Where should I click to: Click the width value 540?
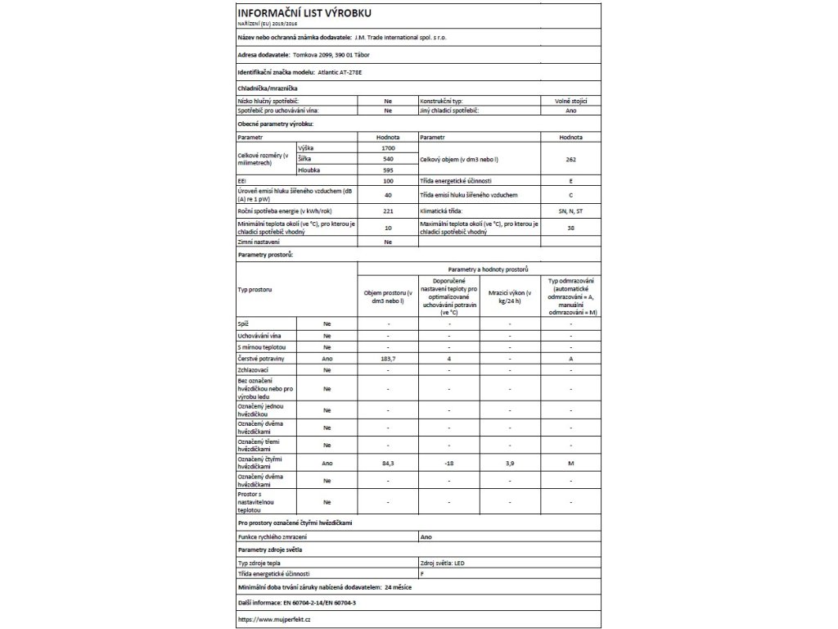(x=388, y=158)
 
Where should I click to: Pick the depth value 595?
(x=388, y=170)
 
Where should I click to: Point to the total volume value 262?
(x=571, y=158)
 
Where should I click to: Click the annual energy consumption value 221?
(x=388, y=210)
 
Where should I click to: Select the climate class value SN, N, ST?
(x=571, y=210)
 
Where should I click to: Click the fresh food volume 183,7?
(x=388, y=360)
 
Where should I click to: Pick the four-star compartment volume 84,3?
(x=388, y=463)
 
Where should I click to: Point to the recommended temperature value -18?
(x=448, y=463)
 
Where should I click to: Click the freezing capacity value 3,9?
(x=509, y=463)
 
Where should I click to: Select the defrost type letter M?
(x=571, y=463)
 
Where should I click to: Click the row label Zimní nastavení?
(x=259, y=242)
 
